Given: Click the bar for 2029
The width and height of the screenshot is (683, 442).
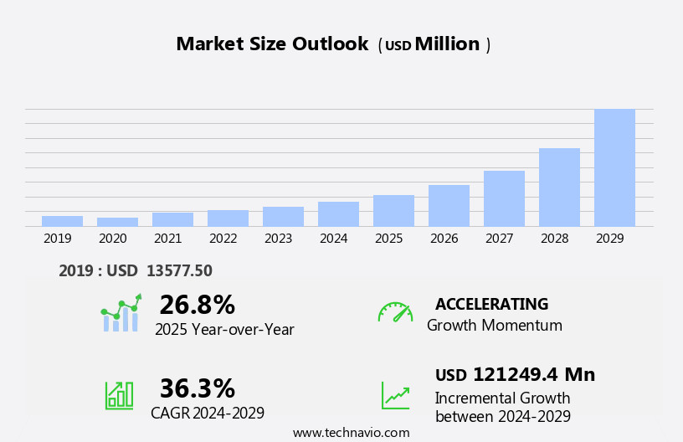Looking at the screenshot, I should pyautogui.click(x=614, y=167).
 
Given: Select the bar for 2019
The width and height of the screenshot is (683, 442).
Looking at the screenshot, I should pyautogui.click(x=62, y=221).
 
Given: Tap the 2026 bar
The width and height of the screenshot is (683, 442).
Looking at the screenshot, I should pyautogui.click(x=449, y=205).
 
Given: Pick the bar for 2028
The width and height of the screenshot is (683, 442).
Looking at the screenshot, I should pyautogui.click(x=559, y=187).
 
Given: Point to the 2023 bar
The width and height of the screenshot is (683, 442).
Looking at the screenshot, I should pyautogui.click(x=283, y=216).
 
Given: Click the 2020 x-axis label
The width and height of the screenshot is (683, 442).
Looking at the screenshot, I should pyautogui.click(x=113, y=239).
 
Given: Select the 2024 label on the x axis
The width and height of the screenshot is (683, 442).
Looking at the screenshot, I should pyautogui.click(x=333, y=239).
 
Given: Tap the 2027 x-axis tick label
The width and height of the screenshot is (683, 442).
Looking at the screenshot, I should pyautogui.click(x=499, y=239).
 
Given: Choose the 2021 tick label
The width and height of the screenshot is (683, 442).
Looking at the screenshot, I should pyautogui.click(x=168, y=239).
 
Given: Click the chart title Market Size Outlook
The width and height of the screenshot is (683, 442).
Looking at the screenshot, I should pyautogui.click(x=272, y=44).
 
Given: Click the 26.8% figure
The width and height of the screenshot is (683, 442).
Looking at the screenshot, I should pyautogui.click(x=197, y=305).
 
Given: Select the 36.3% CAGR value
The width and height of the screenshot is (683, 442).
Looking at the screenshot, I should pyautogui.click(x=197, y=388).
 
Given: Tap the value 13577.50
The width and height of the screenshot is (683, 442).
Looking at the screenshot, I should pyautogui.click(x=179, y=270).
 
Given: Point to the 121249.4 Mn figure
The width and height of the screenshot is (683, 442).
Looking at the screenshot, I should pyautogui.click(x=533, y=375).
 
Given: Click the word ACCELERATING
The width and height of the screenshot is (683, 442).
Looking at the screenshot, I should pyautogui.click(x=491, y=305).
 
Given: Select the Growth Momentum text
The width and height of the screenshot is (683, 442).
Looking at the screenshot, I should pyautogui.click(x=494, y=326).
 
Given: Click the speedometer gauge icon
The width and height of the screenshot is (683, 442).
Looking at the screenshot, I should pyautogui.click(x=395, y=312).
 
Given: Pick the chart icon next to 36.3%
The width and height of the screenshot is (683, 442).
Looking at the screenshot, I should pyautogui.click(x=119, y=394).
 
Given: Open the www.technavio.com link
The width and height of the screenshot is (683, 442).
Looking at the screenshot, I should pyautogui.click(x=351, y=433).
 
